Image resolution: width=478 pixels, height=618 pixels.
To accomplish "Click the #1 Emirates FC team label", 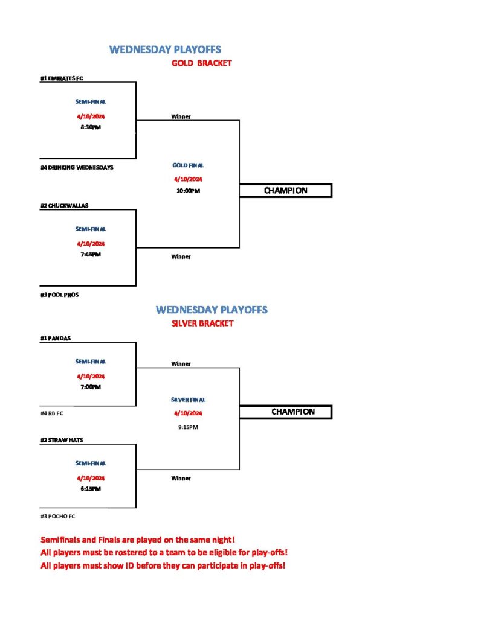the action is click(62, 78).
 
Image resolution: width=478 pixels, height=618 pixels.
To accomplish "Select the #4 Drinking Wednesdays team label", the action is click(77, 168).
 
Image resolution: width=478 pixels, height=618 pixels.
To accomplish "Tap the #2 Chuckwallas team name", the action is click(64, 206).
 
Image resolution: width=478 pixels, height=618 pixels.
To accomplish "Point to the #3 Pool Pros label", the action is click(59, 295).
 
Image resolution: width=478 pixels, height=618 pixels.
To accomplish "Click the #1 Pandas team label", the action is click(55, 338).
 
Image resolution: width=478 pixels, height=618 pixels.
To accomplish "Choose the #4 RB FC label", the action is click(52, 413).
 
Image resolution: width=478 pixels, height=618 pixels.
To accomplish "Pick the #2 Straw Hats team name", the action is click(62, 440).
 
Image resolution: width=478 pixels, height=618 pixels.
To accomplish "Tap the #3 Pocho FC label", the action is click(57, 517).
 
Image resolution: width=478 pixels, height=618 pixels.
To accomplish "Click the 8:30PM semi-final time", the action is click(91, 127).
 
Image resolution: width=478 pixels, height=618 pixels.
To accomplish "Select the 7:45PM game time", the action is click(91, 255).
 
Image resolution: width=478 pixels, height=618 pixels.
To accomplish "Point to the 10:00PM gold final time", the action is click(189, 191).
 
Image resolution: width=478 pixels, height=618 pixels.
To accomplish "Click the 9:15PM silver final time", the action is click(189, 427).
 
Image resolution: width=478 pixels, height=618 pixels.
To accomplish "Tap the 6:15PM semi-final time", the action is click(91, 489).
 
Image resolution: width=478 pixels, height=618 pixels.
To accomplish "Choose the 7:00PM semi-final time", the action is click(91, 387).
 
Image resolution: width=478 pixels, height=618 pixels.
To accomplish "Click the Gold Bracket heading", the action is click(202, 63).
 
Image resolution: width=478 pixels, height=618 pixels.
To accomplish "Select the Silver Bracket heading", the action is click(202, 323).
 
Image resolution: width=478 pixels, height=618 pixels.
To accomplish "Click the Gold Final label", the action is click(189, 165).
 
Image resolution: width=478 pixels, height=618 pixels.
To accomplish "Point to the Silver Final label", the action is click(189, 400).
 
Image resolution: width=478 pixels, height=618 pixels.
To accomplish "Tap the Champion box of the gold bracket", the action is click(285, 190).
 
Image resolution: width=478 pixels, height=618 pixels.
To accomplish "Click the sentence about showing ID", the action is click(163, 565).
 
